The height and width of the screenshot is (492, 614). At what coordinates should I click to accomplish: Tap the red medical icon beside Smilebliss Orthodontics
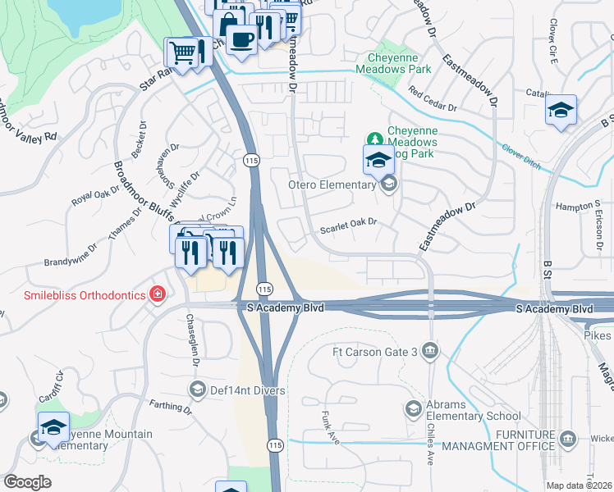[156, 294]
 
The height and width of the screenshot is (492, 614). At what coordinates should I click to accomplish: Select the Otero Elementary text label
[332, 184]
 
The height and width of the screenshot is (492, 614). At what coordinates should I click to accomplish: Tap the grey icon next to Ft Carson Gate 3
[431, 352]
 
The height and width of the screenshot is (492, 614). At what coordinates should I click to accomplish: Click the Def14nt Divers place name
[246, 389]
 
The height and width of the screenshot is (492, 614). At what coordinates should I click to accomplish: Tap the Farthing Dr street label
[171, 405]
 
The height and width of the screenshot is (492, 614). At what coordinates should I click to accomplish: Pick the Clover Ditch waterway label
[521, 156]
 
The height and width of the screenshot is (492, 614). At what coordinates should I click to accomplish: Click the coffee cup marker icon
[241, 39]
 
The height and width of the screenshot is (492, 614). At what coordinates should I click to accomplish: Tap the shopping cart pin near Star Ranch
[183, 53]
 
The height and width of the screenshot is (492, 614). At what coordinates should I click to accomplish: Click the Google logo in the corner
[27, 482]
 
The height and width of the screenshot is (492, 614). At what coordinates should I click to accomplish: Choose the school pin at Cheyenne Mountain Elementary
[54, 427]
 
